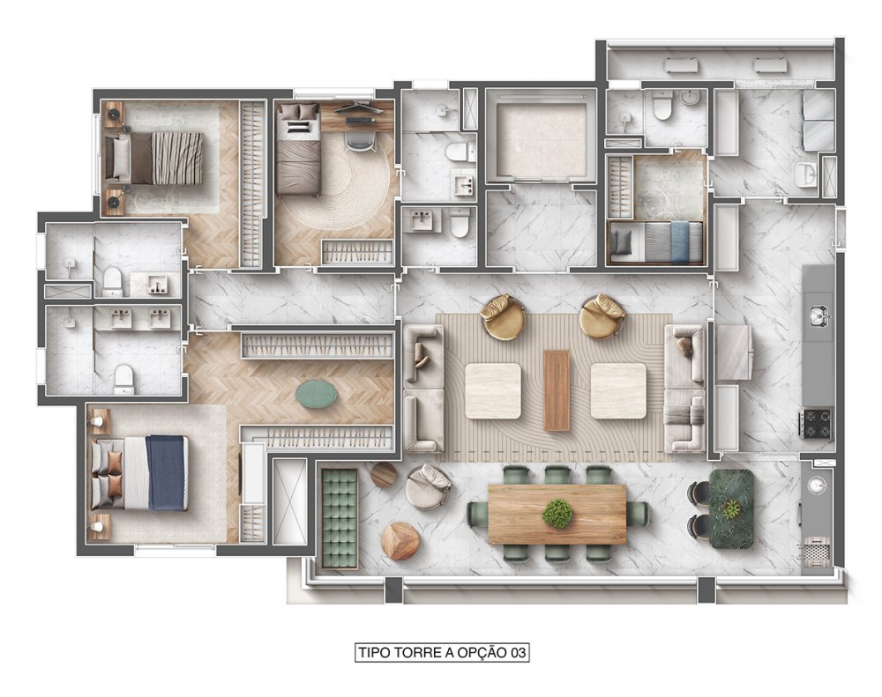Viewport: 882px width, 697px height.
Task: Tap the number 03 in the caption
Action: pos(518,652)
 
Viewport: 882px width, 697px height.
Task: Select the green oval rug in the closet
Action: pos(316,393)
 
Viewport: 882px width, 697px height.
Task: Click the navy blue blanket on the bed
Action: pos(167,472)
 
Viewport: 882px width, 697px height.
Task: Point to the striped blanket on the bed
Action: pos(177,158)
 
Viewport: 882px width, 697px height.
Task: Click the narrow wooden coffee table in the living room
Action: pos(557,390)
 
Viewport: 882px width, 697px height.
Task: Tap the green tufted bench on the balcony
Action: pos(340,518)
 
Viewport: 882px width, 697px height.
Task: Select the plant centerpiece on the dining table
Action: pos(557,513)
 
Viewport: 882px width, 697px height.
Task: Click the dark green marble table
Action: pos(731,508)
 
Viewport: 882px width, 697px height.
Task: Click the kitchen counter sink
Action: pos(818,316)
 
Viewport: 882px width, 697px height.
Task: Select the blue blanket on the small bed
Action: pos(679,241)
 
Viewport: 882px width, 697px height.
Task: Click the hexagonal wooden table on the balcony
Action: pos(400,541)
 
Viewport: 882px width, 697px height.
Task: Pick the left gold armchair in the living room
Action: pos(503,317)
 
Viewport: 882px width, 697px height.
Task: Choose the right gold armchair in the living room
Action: pos(602,316)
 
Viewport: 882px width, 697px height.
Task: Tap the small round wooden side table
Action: pos(385,474)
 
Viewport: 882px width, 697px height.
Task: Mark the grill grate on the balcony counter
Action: pos(816,551)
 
